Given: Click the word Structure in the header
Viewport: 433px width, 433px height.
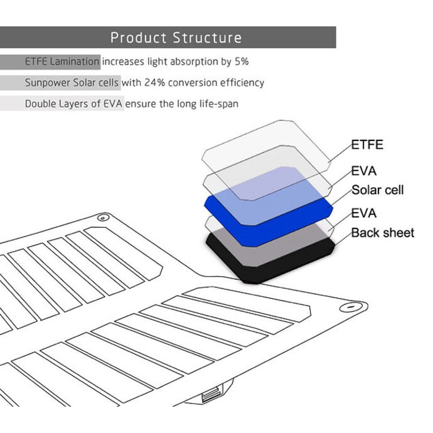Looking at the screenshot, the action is pos(207,38).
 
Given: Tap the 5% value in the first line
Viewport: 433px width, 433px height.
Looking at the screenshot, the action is pos(242,61).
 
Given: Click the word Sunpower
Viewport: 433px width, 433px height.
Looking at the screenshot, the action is pos(47,83).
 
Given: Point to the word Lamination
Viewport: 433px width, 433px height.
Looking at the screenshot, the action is pos(74,61).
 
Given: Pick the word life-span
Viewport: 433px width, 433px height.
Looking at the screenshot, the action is pos(219,104).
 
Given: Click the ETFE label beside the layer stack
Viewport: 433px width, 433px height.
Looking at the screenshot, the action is pos(367,145).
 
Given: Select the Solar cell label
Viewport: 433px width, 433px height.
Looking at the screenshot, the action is pos(378,190).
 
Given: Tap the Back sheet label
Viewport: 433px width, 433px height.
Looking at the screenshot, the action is pos(383,233).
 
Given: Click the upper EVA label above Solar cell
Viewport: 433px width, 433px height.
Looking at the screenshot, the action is pos(364,171).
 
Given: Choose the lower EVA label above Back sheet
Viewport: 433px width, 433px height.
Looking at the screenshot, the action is pos(364,213).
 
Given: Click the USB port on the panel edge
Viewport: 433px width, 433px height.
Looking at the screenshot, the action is pos(212,394).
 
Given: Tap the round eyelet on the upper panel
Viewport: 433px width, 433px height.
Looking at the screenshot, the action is pos(103,218).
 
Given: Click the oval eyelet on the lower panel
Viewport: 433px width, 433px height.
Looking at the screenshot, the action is pos(351,307).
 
